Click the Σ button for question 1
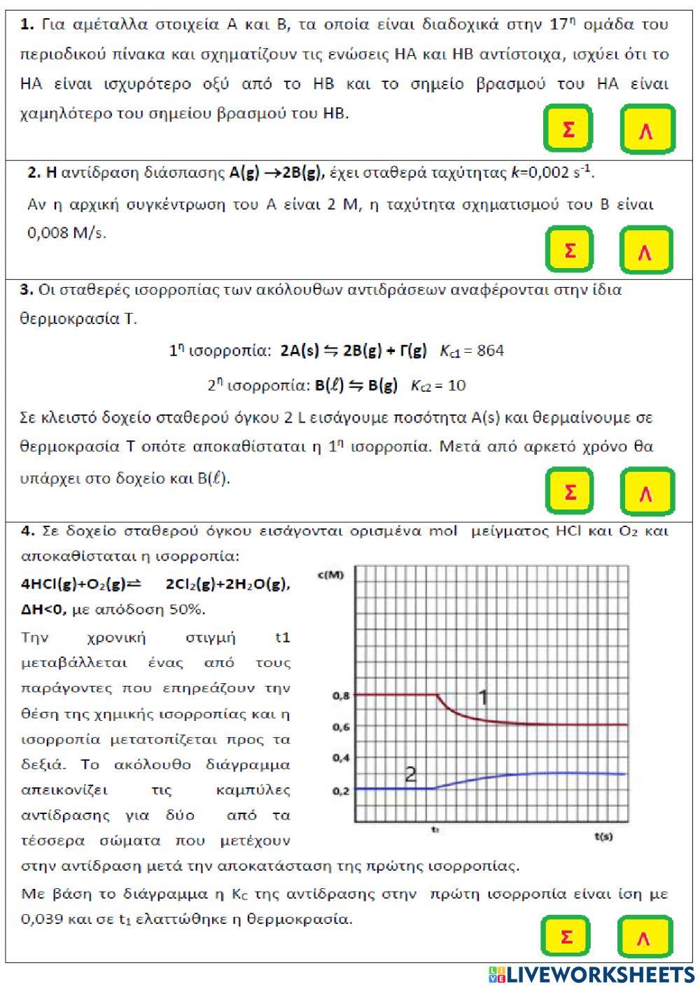[568, 129]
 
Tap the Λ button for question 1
[647, 129]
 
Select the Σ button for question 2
[570, 250]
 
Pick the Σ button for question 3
[570, 491]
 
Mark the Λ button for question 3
[646, 492]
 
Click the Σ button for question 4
[567, 937]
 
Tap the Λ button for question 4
[644, 937]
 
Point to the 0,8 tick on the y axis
[341, 696]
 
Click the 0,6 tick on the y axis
[341, 727]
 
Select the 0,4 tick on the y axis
[341, 758]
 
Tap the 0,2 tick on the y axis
[341, 791]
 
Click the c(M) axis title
[331, 575]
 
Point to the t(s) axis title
[603, 836]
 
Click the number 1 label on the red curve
[483, 697]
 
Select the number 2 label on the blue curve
[411, 774]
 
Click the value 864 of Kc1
[490, 351]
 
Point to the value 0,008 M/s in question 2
[66, 233]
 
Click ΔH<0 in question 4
[43, 610]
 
